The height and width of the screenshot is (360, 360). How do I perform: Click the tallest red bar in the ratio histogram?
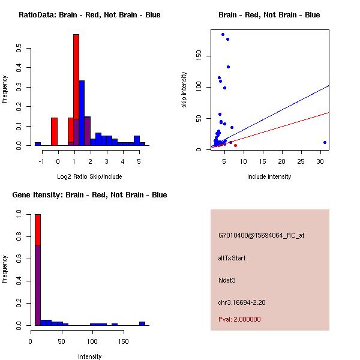(x=76, y=90)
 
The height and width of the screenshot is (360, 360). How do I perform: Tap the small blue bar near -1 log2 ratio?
(x=38, y=144)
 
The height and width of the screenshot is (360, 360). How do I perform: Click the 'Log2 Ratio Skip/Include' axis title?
(x=89, y=176)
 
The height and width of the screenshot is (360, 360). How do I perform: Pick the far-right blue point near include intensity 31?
(x=325, y=143)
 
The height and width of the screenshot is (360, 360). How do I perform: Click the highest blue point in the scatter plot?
(x=223, y=35)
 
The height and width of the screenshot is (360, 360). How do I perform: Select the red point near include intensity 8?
(x=235, y=145)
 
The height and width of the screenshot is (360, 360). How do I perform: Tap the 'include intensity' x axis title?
(x=269, y=176)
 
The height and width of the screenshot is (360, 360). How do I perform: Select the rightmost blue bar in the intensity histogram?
(x=142, y=323)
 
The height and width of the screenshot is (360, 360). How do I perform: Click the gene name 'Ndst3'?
(x=227, y=280)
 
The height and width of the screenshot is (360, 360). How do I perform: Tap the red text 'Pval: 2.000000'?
(x=239, y=319)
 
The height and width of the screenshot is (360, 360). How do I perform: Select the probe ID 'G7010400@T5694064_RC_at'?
(x=261, y=236)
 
